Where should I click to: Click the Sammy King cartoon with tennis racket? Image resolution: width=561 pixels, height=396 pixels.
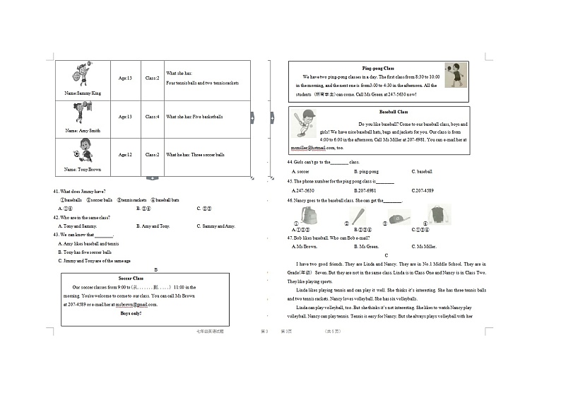[83, 74]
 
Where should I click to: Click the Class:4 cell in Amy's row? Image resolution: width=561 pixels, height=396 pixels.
[153, 117]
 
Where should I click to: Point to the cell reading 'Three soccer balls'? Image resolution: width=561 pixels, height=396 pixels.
[195, 154]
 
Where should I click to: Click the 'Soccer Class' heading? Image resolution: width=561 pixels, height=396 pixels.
[131, 279]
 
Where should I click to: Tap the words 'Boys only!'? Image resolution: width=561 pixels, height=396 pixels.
[131, 313]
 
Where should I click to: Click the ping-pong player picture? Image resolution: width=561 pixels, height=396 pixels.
[456, 75]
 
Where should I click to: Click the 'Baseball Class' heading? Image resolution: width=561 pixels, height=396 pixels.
[394, 112]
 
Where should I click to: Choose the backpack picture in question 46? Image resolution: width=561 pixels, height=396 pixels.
[308, 215]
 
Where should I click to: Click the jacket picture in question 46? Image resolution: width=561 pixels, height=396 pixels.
[438, 215]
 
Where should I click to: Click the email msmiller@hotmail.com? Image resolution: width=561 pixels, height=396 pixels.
[306, 148]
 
